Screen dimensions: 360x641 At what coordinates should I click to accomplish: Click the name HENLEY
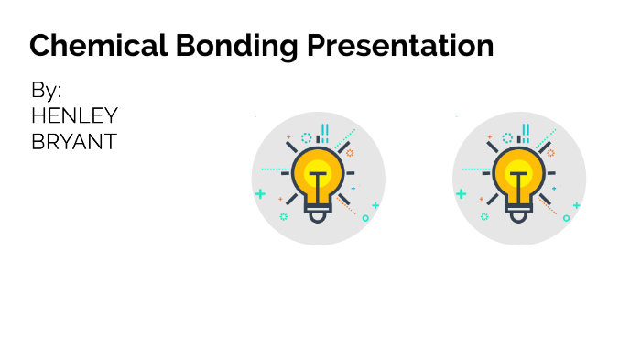[74, 116]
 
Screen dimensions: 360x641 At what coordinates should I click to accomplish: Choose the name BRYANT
[73, 142]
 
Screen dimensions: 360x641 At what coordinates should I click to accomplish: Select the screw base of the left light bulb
[318, 213]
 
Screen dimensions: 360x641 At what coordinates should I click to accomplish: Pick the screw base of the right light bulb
[519, 213]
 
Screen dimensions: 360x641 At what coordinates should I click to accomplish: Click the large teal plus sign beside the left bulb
[260, 194]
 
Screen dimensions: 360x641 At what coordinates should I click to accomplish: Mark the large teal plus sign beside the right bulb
[461, 194]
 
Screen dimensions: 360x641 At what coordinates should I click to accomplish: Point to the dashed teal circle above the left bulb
[307, 138]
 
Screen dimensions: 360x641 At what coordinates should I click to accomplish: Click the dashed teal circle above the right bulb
[507, 138]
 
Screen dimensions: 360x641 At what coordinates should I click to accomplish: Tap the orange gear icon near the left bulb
[349, 153]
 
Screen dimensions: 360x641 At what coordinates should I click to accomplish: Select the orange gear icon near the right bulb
[550, 153]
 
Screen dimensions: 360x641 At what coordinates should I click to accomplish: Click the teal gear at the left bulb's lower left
[283, 216]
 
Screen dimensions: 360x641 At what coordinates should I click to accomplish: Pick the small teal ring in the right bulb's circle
[566, 218]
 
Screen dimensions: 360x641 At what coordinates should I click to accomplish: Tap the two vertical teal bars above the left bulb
[324, 135]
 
